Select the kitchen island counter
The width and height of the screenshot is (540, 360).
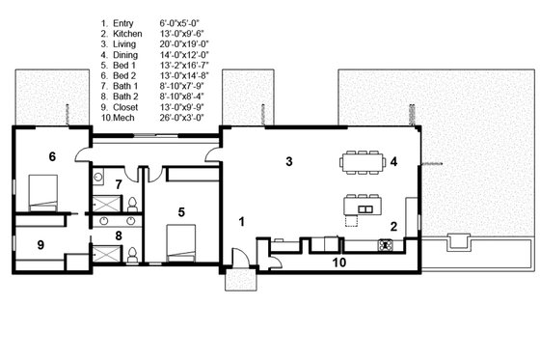tap(363, 208)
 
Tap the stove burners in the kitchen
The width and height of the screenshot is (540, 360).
tap(384, 245)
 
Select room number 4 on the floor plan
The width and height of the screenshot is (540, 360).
tap(393, 161)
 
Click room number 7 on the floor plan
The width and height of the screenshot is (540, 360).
tap(118, 183)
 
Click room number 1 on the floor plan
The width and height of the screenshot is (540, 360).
tap(242, 222)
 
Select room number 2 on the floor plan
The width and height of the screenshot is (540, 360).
tap(393, 227)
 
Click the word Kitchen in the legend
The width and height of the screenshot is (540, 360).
tap(129, 31)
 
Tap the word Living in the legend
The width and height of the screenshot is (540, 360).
tap(126, 42)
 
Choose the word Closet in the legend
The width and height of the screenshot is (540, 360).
tap(127, 104)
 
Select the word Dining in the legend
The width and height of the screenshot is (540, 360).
tap(127, 52)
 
